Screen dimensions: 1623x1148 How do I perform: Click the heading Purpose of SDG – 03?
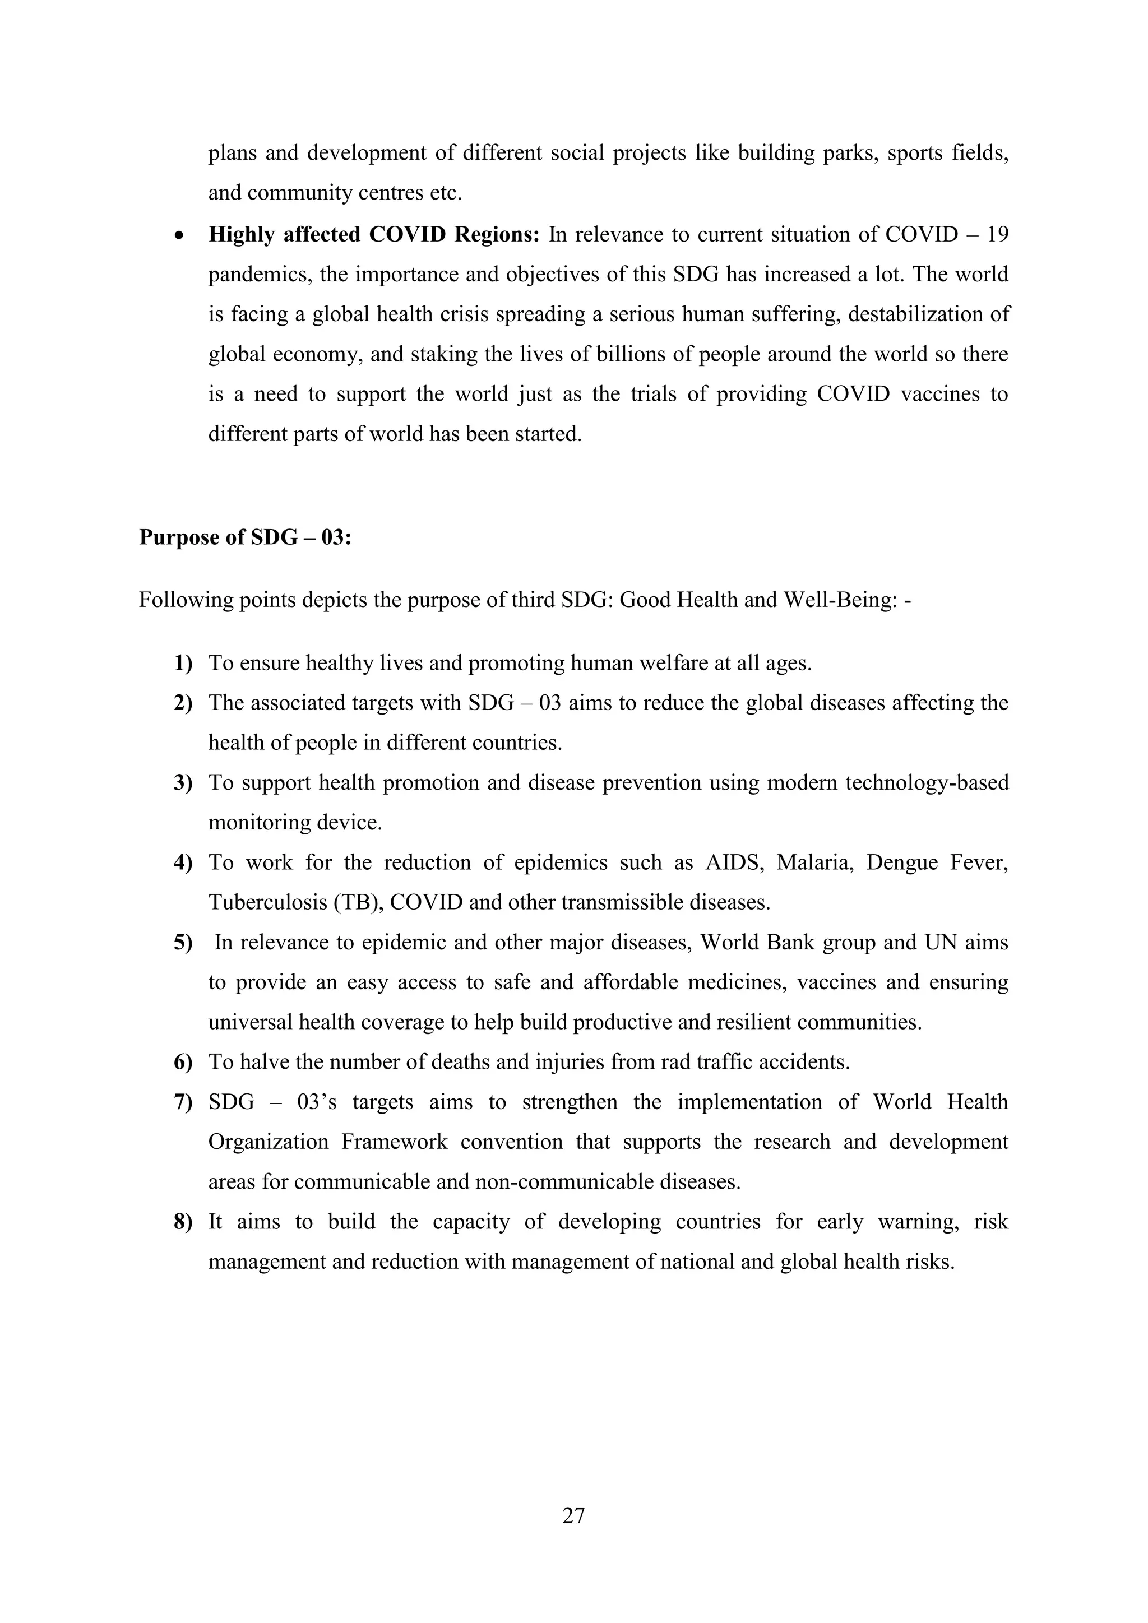246,537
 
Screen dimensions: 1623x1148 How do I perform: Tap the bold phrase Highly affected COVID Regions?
374,235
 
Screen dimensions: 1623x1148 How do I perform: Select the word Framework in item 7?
395,1142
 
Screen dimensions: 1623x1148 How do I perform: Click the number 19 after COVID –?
997,235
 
